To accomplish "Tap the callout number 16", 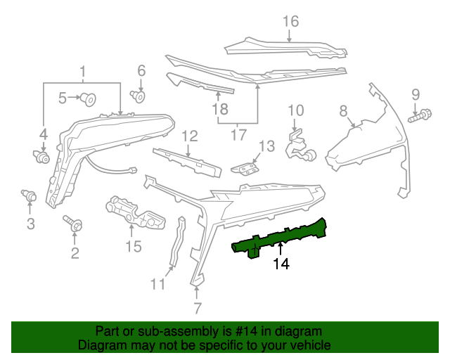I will tap(290, 22).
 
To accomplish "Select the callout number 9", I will tap(415, 94).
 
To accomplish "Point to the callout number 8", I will tap(343, 110).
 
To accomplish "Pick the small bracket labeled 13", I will tap(243, 169).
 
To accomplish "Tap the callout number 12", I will tap(191, 136).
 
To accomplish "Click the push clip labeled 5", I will tap(89, 98).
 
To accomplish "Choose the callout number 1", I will tap(83, 72).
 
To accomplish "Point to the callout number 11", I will tap(157, 284).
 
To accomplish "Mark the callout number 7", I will tap(198, 307).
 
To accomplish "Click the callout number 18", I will tap(220, 109).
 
